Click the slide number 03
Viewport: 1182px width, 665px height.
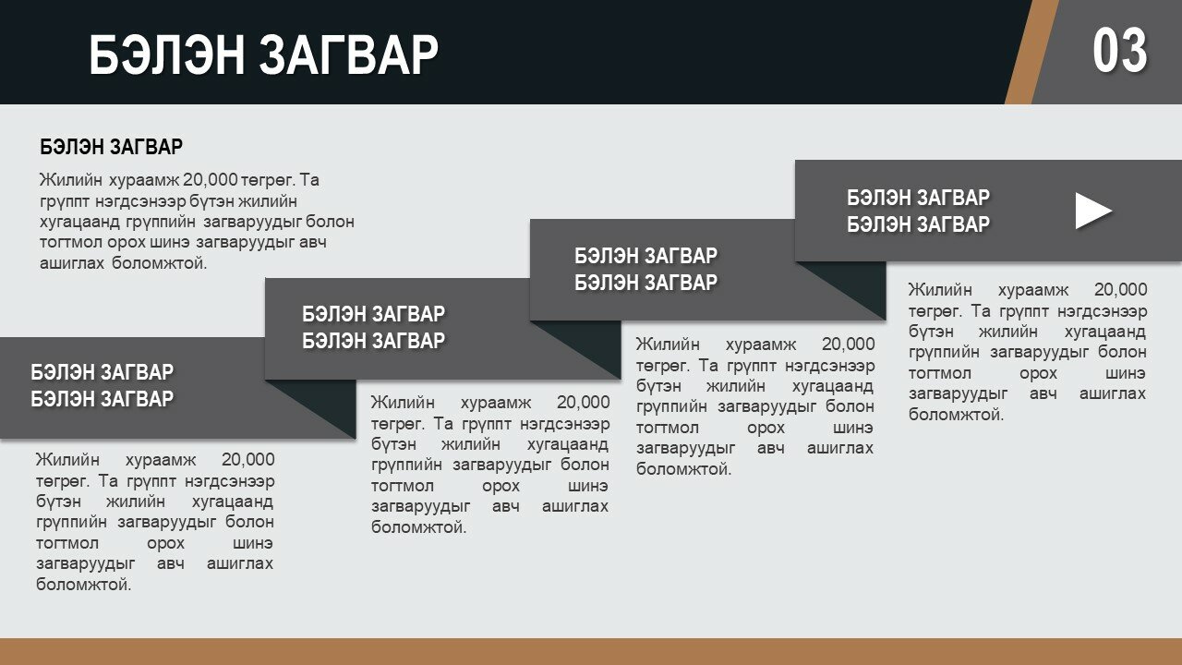click(x=1120, y=51)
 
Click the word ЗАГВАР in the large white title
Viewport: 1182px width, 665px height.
click(x=349, y=54)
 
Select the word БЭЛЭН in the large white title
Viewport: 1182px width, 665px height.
click(x=167, y=54)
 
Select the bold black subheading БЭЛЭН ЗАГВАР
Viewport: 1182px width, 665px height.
click(x=112, y=147)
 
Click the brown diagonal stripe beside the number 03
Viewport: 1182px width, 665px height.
click(x=1031, y=52)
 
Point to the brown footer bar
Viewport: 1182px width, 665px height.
click(x=591, y=651)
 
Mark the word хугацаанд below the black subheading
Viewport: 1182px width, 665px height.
click(x=79, y=222)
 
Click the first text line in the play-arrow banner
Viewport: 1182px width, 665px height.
click(x=918, y=198)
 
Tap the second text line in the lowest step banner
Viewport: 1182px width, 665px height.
click(x=102, y=399)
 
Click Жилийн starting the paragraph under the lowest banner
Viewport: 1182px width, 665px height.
click(x=67, y=460)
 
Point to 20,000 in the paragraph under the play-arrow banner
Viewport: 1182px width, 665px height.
click(x=1120, y=290)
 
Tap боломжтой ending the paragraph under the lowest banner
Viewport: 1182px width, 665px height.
click(x=84, y=585)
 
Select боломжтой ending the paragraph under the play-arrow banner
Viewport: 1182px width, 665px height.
click(x=956, y=415)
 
